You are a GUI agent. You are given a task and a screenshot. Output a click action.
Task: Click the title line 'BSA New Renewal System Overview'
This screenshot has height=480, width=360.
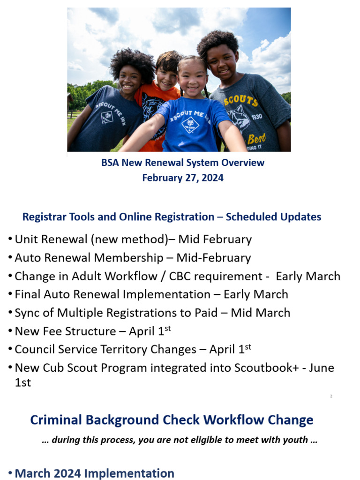pos(183,163)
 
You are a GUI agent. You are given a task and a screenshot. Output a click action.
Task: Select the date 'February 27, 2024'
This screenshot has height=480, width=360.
pos(183,178)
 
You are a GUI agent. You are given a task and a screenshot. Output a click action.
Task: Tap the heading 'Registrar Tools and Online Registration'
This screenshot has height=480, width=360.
pos(172,217)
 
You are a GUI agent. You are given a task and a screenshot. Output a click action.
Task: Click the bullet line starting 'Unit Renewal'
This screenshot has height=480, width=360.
pos(133,239)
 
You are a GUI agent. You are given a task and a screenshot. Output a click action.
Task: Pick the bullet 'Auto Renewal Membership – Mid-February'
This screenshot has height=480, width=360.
pos(133,258)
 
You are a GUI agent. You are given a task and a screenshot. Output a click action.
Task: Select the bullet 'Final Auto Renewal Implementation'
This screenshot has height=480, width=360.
pos(151,294)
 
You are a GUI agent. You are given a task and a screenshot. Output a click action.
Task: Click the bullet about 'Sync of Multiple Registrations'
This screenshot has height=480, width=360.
pos(152,313)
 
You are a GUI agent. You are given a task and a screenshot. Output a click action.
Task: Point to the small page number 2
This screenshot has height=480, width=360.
pos(331,396)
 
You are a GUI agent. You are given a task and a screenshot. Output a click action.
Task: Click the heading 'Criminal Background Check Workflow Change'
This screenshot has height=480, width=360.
pos(172,420)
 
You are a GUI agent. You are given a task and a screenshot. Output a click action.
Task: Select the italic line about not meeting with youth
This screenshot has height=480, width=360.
pos(180,440)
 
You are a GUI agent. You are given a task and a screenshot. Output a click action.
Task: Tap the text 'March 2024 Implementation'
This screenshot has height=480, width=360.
pos(94,473)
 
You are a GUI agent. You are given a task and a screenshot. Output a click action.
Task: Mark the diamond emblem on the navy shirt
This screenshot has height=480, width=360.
pos(107,117)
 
